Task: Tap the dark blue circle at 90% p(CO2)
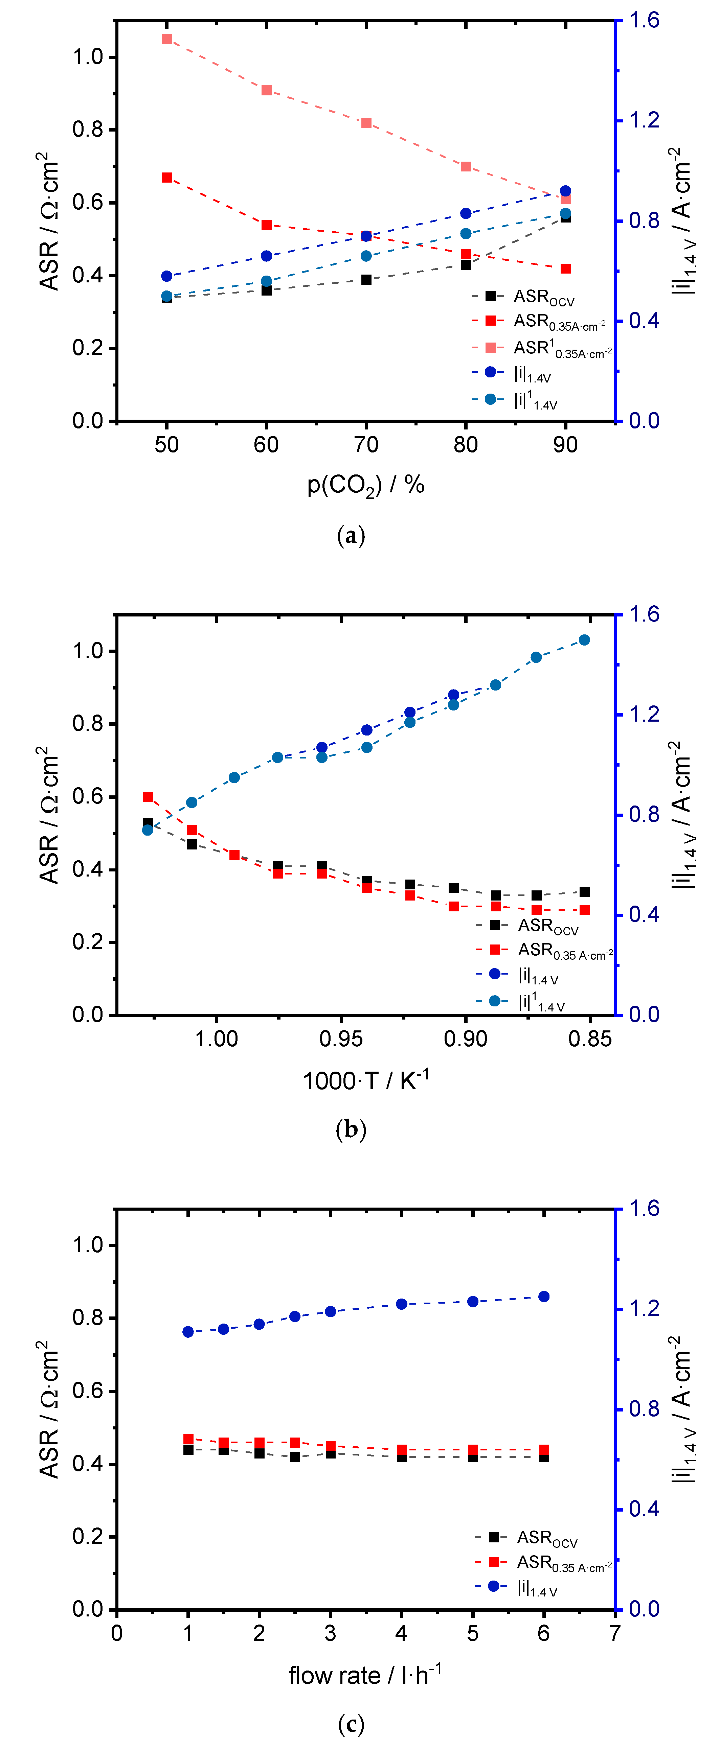click(565, 191)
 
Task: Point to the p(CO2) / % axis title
click(366, 485)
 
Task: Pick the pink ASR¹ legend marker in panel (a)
click(490, 348)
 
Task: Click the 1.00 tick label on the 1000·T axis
click(216, 1039)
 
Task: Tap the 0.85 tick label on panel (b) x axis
click(590, 1039)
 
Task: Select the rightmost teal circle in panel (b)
click(584, 640)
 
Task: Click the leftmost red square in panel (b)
click(148, 797)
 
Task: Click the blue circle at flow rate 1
click(188, 1332)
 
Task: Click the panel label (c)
click(351, 1724)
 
